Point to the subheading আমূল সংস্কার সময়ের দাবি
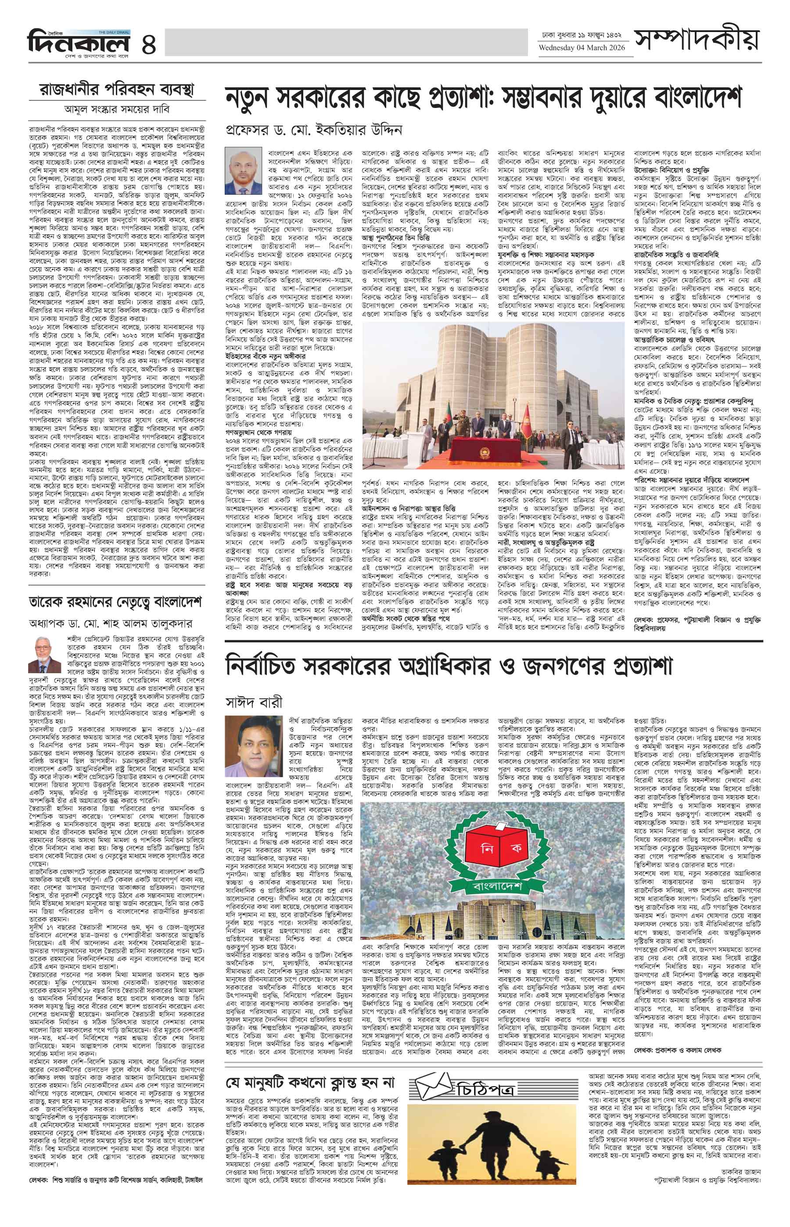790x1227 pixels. coord(117,109)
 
